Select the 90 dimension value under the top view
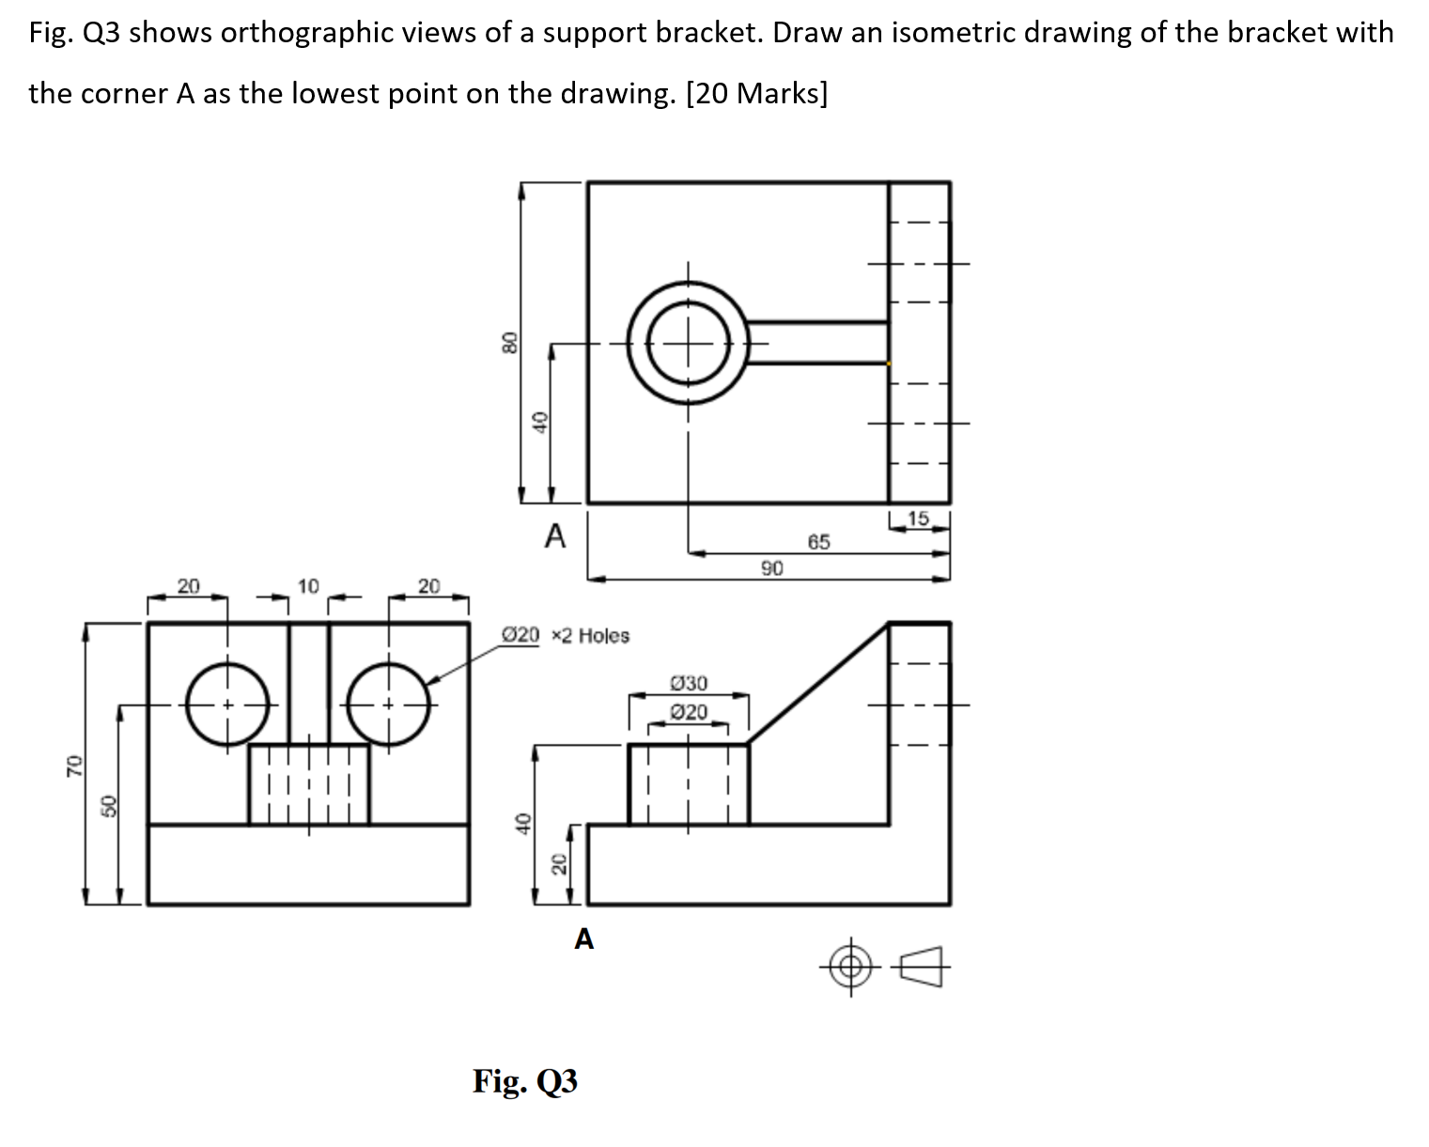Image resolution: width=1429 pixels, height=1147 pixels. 772,567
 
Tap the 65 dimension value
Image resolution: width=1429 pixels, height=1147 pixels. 818,542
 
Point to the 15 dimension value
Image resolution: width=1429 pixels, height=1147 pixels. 918,518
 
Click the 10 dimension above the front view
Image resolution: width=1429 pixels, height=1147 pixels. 308,586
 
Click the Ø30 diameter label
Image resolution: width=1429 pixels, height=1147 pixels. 690,683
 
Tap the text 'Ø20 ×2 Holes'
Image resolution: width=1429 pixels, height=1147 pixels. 567,636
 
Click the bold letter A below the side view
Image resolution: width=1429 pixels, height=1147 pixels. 583,938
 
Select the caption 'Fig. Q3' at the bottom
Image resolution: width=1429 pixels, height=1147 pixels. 525,1081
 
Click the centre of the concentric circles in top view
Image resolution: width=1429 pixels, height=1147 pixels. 689,343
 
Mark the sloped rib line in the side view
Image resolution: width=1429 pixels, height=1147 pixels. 818,683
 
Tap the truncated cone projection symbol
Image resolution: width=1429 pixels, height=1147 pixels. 922,966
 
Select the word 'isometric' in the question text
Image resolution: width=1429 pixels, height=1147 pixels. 956,33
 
